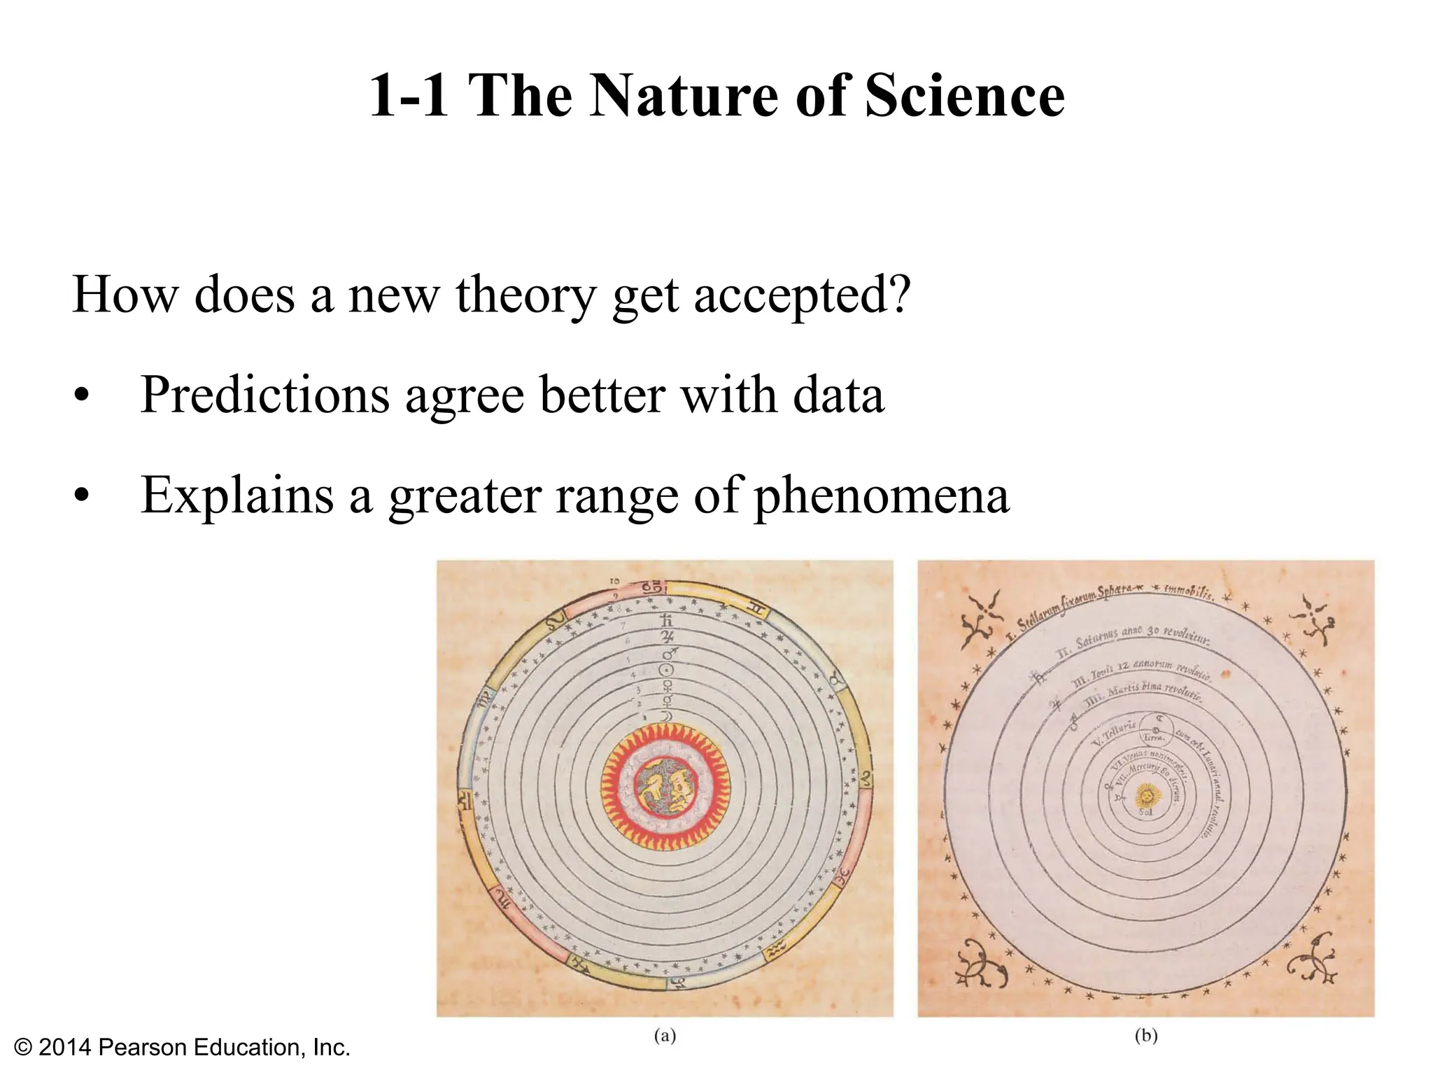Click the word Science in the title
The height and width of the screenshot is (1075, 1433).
965,96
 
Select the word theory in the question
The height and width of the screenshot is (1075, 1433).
525,295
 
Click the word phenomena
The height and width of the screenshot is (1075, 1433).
881,496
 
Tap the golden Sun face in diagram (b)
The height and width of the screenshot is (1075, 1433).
1146,795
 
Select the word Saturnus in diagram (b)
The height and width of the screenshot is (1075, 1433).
1097,638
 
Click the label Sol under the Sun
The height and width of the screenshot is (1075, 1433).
1145,813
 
